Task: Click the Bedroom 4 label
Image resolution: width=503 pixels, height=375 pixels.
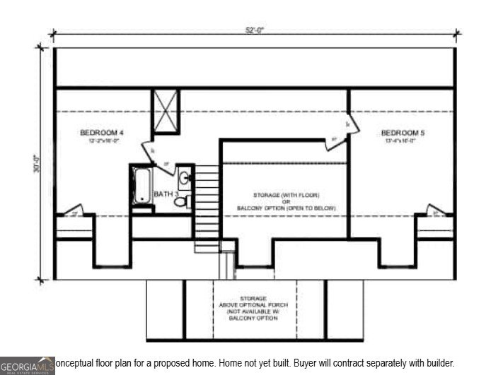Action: click(102, 132)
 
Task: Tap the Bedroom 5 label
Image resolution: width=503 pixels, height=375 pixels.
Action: click(403, 132)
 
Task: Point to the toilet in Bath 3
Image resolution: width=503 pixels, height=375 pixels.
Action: click(181, 201)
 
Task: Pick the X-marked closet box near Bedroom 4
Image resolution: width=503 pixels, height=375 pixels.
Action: click(166, 112)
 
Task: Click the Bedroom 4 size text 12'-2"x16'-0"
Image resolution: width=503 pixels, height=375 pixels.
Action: click(102, 141)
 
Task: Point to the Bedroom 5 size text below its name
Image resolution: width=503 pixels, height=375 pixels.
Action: click(403, 141)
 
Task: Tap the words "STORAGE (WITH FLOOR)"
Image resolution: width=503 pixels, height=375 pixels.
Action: click(287, 194)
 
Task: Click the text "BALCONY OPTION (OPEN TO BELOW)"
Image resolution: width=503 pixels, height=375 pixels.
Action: click(287, 208)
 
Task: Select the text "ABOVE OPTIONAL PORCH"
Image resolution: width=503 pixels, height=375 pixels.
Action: click(253, 305)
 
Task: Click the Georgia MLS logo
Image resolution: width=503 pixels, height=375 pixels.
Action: click(27, 366)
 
